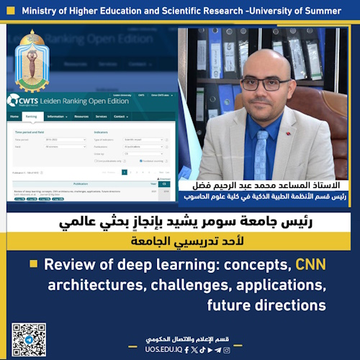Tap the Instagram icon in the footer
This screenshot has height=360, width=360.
coord(227,350)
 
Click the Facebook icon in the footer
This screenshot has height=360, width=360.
coord(186,350)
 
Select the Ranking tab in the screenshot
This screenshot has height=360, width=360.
coord(31,116)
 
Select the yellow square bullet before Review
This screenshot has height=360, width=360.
coord(33,264)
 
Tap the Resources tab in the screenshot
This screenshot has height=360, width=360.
coord(81,116)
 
